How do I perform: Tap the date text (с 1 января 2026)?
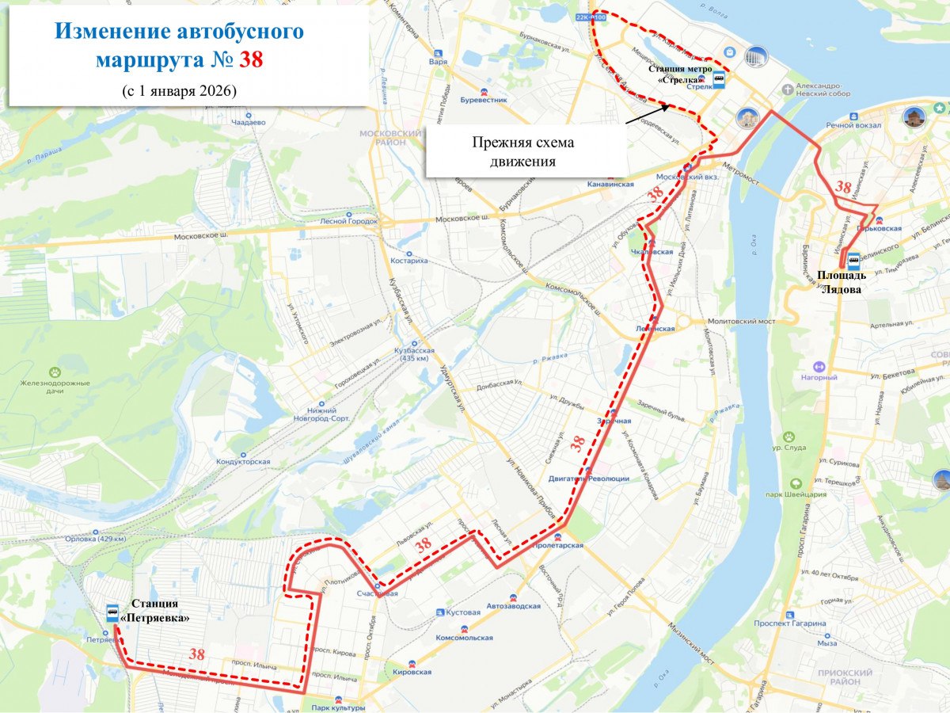click(180, 90)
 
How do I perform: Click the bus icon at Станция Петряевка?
click(112, 613)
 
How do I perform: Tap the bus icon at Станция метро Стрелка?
click(719, 78)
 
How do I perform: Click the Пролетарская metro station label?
click(558, 546)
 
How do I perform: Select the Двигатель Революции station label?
click(589, 479)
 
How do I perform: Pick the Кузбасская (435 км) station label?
click(415, 354)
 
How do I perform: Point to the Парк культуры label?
click(338, 708)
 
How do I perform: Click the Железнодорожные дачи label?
click(55, 387)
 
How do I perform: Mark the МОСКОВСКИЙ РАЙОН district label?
click(390, 138)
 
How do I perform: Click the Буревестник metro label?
click(484, 101)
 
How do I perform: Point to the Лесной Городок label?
click(349, 221)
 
